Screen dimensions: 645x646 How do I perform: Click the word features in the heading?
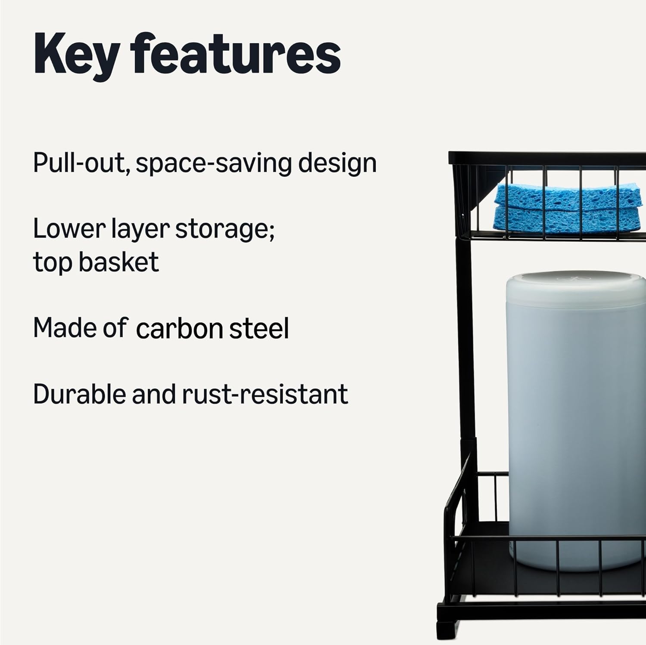pyautogui.click(x=236, y=55)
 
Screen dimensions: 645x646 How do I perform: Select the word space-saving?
pyautogui.click(x=214, y=164)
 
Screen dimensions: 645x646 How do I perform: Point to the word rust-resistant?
pyautogui.click(x=265, y=394)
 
